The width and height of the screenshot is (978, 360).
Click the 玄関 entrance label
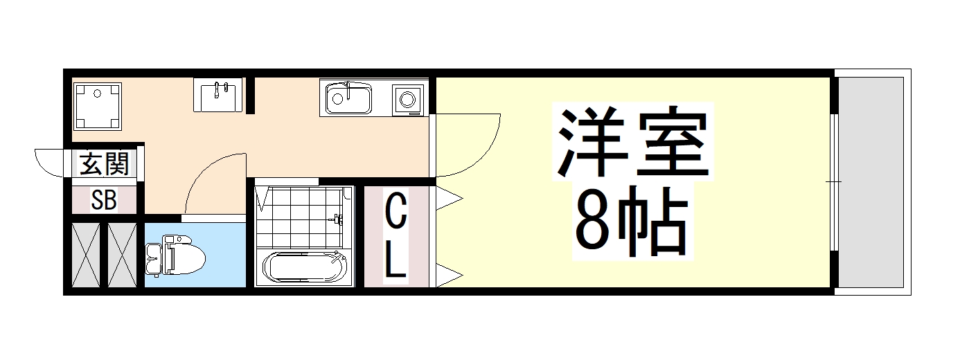(105, 165)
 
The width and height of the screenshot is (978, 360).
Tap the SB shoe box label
(105, 200)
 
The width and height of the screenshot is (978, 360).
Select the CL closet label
(395, 236)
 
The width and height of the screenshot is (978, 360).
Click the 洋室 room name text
(634, 143)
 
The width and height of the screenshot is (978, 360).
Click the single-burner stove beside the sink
(407, 99)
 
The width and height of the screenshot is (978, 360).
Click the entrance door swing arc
(50, 163)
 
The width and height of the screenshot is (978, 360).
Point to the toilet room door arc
(211, 183)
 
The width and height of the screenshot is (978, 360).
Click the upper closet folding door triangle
(447, 199)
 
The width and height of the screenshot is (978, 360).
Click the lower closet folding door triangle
(447, 275)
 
